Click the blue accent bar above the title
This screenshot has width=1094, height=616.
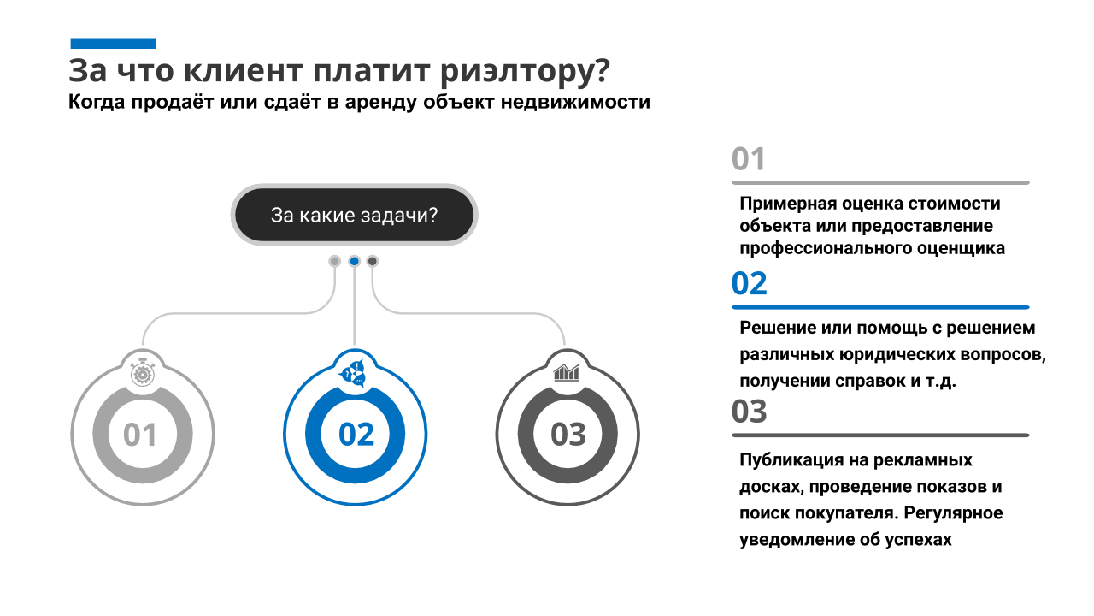(x=113, y=44)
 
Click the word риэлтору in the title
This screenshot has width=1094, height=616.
(x=526, y=72)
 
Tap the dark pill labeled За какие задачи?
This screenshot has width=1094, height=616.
(x=354, y=215)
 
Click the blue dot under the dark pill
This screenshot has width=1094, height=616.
(x=355, y=261)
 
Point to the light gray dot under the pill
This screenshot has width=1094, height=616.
(x=334, y=261)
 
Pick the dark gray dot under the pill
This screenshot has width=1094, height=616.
(x=372, y=261)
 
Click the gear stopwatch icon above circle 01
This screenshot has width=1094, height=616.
(x=143, y=374)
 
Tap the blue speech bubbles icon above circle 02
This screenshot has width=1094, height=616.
(x=352, y=374)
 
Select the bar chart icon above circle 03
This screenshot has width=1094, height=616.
(x=567, y=372)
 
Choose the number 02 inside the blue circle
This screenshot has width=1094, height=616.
(x=356, y=434)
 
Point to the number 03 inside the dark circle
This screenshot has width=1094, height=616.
(x=568, y=434)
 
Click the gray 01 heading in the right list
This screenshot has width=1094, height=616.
(x=748, y=159)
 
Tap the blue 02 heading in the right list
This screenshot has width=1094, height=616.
(x=750, y=283)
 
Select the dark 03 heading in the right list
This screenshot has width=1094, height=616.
(x=750, y=412)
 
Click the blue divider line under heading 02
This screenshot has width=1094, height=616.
(x=880, y=307)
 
